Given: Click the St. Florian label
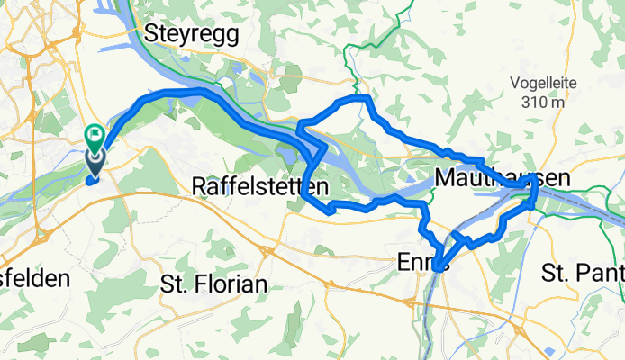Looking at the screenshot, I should [x=213, y=284].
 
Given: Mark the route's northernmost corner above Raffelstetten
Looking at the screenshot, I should [x=362, y=96].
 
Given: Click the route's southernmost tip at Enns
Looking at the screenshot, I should [x=437, y=267].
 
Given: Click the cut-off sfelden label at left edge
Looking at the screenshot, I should [x=34, y=279].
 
